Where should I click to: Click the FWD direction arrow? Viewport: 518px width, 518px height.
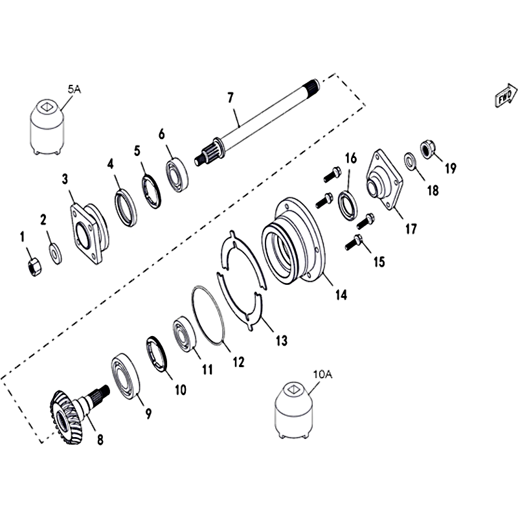(x=506, y=95)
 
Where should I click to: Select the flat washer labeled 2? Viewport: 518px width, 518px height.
(x=56, y=253)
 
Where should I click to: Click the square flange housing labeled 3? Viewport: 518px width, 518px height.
(x=89, y=233)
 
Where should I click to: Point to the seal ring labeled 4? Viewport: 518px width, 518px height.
(x=126, y=207)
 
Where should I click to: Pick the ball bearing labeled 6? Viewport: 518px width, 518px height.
(x=177, y=175)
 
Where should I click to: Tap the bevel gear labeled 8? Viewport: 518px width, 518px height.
(x=78, y=412)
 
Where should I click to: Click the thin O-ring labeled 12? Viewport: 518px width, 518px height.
(x=208, y=315)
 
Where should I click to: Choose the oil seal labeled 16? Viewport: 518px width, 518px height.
(x=347, y=205)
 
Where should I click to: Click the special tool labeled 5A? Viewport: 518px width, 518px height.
(x=47, y=127)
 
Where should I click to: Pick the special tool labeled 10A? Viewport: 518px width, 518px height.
(x=293, y=411)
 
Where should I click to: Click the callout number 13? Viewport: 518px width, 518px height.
(x=282, y=341)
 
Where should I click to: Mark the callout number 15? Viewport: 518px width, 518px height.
(x=379, y=262)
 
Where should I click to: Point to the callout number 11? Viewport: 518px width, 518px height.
(x=207, y=369)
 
